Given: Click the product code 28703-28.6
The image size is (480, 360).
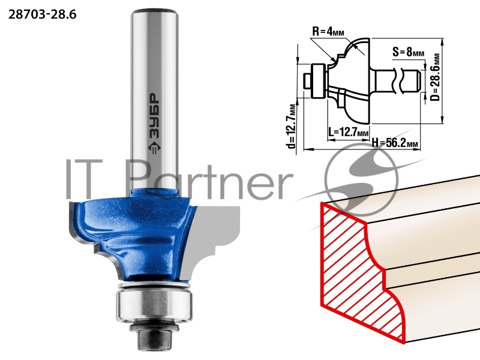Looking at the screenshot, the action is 42,14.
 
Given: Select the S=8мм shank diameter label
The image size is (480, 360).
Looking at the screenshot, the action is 409,52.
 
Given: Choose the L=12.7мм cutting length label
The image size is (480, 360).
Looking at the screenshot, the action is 349,132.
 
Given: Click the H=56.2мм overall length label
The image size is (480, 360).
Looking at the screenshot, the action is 395,143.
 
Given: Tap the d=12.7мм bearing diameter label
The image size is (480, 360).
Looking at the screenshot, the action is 292,126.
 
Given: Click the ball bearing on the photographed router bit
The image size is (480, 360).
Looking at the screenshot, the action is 154,305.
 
